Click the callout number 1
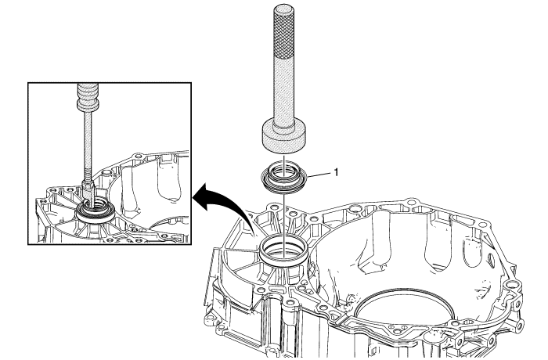click(336, 172)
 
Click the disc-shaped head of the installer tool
click(284, 137)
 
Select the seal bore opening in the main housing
click(283, 249)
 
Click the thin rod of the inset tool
click(88, 143)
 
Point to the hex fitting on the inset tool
click(88, 185)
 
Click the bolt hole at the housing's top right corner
click(483, 225)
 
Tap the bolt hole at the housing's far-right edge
click(513, 284)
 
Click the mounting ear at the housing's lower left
click(210, 318)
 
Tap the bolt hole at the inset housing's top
click(138, 155)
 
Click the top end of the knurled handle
click(283, 6)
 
